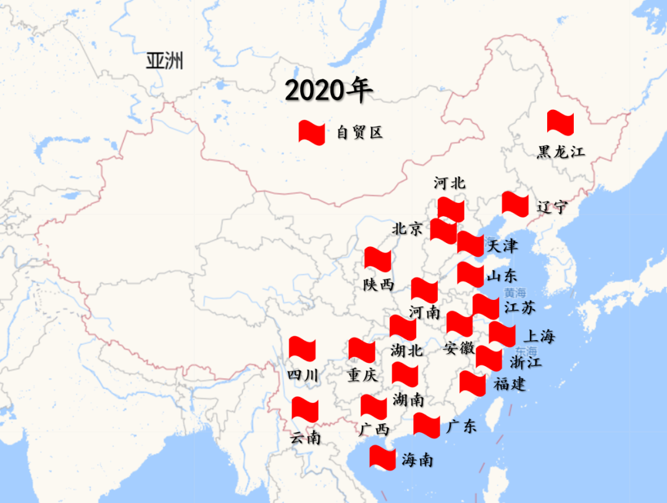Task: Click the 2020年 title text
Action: tap(329, 91)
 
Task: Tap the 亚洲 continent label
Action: tap(165, 61)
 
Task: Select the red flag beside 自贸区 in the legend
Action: tap(311, 132)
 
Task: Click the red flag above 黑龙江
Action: tap(560, 123)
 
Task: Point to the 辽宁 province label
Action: tap(552, 207)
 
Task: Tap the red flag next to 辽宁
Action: tap(515, 204)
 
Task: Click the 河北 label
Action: tap(450, 183)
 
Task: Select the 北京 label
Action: tap(408, 229)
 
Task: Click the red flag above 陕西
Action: tap(377, 259)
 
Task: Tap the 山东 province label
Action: tap(501, 276)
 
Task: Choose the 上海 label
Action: tap(539, 336)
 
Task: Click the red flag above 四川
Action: tap(302, 349)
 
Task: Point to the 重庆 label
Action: tap(362, 375)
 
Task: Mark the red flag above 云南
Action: tap(304, 409)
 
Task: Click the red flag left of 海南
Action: tap(382, 458)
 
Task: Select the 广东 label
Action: tap(461, 426)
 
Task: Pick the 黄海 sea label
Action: tap(515, 293)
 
